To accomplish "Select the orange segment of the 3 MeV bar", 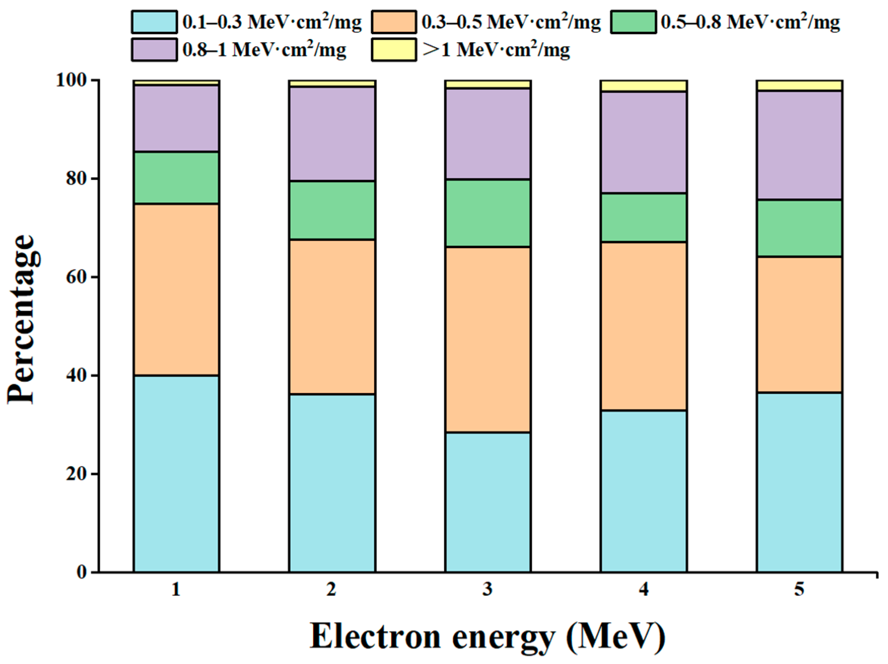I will tap(488, 340).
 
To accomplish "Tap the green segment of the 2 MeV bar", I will tap(332, 210).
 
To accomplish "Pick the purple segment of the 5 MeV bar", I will tap(800, 145).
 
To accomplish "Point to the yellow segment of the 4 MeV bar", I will tap(643, 86).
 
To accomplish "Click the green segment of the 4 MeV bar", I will tap(643, 218).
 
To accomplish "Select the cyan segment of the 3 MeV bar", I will tap(488, 502).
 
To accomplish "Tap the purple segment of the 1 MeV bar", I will tap(176, 118).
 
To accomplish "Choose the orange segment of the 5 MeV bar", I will tap(800, 325).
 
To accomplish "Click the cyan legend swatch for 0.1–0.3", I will tap(154, 22).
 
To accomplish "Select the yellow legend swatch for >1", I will tap(394, 50).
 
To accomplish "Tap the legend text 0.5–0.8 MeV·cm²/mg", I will tap(750, 22).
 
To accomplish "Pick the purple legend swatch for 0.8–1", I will tap(154, 50).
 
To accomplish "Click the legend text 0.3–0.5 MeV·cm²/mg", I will tap(511, 22).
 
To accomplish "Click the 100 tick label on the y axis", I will tap(72, 80).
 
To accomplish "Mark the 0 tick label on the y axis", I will tap(82, 572).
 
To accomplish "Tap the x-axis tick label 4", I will tap(644, 589).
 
